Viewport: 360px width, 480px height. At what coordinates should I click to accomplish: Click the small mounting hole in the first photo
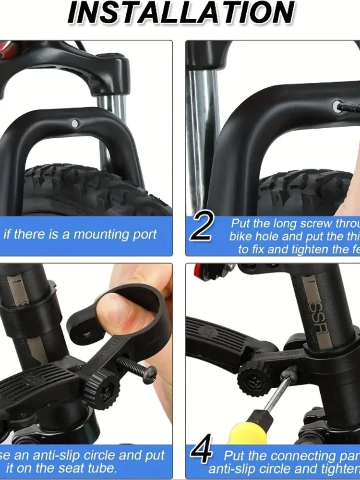click(74, 123)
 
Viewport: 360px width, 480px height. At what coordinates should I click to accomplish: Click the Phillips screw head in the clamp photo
click(150, 374)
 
